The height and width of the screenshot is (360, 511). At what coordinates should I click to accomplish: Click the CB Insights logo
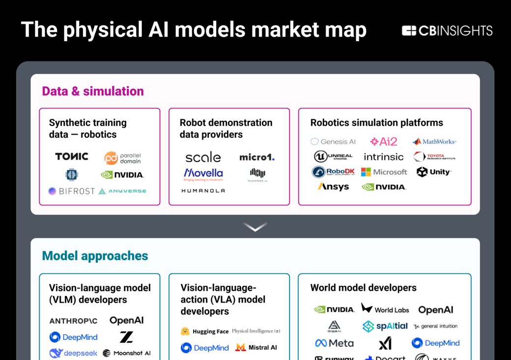pos(447,31)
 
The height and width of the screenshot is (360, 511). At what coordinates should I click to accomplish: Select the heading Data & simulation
pos(93,91)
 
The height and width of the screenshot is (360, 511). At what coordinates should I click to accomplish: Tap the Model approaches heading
pos(95,256)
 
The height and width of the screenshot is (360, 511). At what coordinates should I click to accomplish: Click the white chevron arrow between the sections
pos(255,227)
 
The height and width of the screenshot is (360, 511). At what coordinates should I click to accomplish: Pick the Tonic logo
pos(72,157)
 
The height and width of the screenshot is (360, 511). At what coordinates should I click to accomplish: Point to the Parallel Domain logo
pos(123,158)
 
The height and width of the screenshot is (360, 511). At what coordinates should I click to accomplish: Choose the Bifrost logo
pos(71,191)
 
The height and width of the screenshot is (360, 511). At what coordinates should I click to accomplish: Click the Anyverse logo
pos(122,191)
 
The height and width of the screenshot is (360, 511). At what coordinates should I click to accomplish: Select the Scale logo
pos(203,157)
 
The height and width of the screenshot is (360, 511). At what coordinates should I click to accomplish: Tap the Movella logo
pos(203,174)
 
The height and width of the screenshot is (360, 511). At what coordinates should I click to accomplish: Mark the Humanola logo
pos(203,191)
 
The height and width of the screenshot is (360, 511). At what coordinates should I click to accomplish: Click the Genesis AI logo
pos(333,141)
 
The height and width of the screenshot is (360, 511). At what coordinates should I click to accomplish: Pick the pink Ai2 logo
pos(384,141)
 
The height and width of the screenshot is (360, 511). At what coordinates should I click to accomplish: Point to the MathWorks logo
pos(434,141)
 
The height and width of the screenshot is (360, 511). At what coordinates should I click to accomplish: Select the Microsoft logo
pos(384,172)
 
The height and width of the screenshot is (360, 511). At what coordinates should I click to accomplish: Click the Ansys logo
pos(333,187)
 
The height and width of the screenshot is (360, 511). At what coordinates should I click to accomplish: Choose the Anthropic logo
pos(73,321)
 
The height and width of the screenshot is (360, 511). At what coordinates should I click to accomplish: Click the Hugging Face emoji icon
pos(185,332)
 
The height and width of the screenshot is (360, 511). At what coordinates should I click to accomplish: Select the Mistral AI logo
pos(256,348)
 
